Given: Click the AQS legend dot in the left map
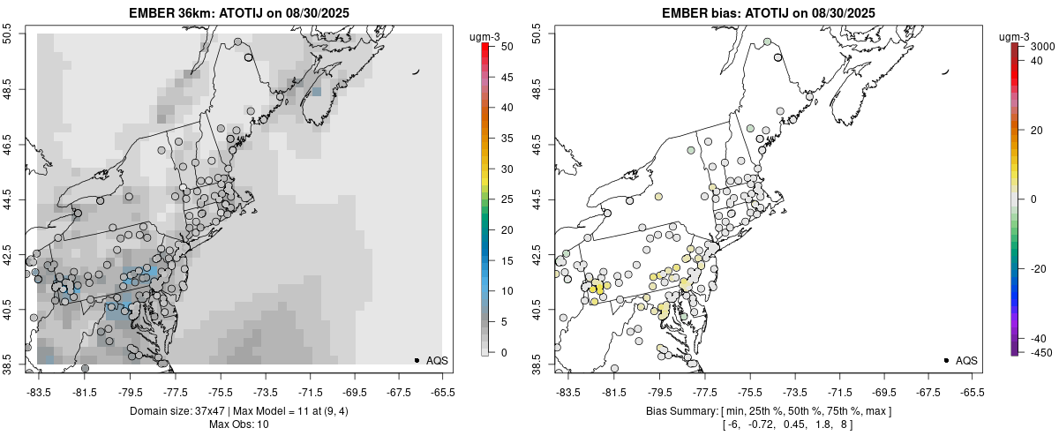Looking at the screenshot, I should point(416,360).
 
